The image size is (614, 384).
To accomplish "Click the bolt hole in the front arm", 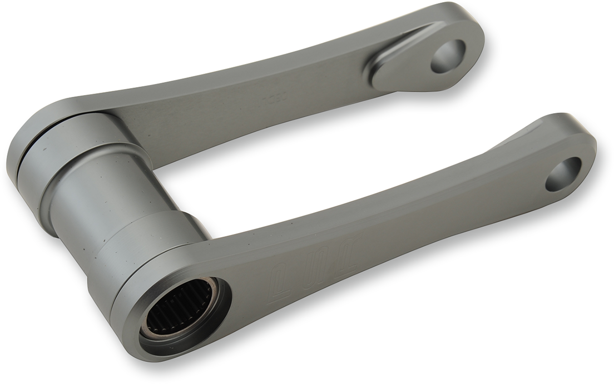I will [x=563, y=174].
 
